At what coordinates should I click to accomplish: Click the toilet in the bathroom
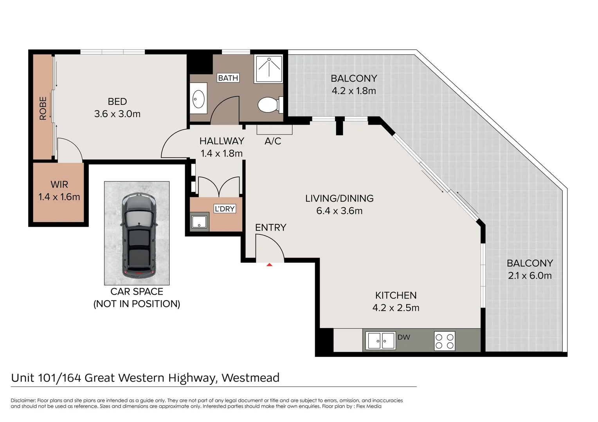click(270, 105)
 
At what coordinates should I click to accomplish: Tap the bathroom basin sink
click(198, 99)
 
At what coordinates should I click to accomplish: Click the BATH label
click(228, 78)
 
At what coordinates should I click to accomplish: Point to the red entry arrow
click(269, 265)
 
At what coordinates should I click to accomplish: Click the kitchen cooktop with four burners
click(445, 341)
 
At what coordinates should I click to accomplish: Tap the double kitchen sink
click(381, 341)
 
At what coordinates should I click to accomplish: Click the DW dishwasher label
click(403, 337)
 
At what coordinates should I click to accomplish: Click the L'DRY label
click(225, 209)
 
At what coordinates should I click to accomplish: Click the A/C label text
click(273, 141)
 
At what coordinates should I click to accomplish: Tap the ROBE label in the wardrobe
click(43, 108)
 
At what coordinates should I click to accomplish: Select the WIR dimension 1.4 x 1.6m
click(59, 197)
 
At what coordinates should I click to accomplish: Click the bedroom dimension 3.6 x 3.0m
click(117, 114)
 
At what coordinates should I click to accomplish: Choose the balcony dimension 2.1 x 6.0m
click(530, 275)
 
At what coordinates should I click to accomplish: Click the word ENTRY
click(271, 227)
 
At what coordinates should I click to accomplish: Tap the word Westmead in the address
click(250, 378)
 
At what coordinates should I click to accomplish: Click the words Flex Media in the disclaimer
click(369, 406)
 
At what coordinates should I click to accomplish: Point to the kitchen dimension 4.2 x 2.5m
click(396, 308)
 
